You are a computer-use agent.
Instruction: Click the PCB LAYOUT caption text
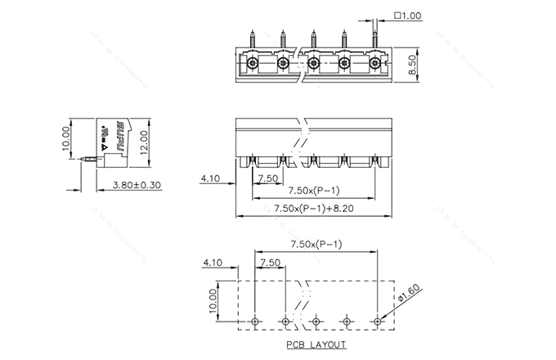click(316, 344)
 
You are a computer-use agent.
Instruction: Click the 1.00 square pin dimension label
click(407, 16)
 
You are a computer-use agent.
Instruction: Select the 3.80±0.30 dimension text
click(136, 186)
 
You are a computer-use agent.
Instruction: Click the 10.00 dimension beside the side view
click(66, 138)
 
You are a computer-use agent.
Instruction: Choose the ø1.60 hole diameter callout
click(411, 295)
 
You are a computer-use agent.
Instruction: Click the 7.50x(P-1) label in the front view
click(316, 191)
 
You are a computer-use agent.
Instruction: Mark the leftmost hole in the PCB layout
click(255, 321)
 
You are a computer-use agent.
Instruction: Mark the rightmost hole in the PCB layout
click(377, 321)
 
